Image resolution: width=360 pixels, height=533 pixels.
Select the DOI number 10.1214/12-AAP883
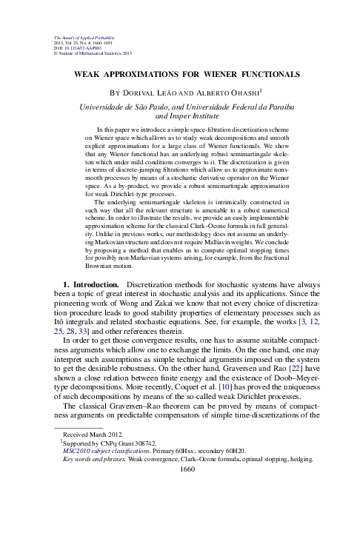tap(82, 48)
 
